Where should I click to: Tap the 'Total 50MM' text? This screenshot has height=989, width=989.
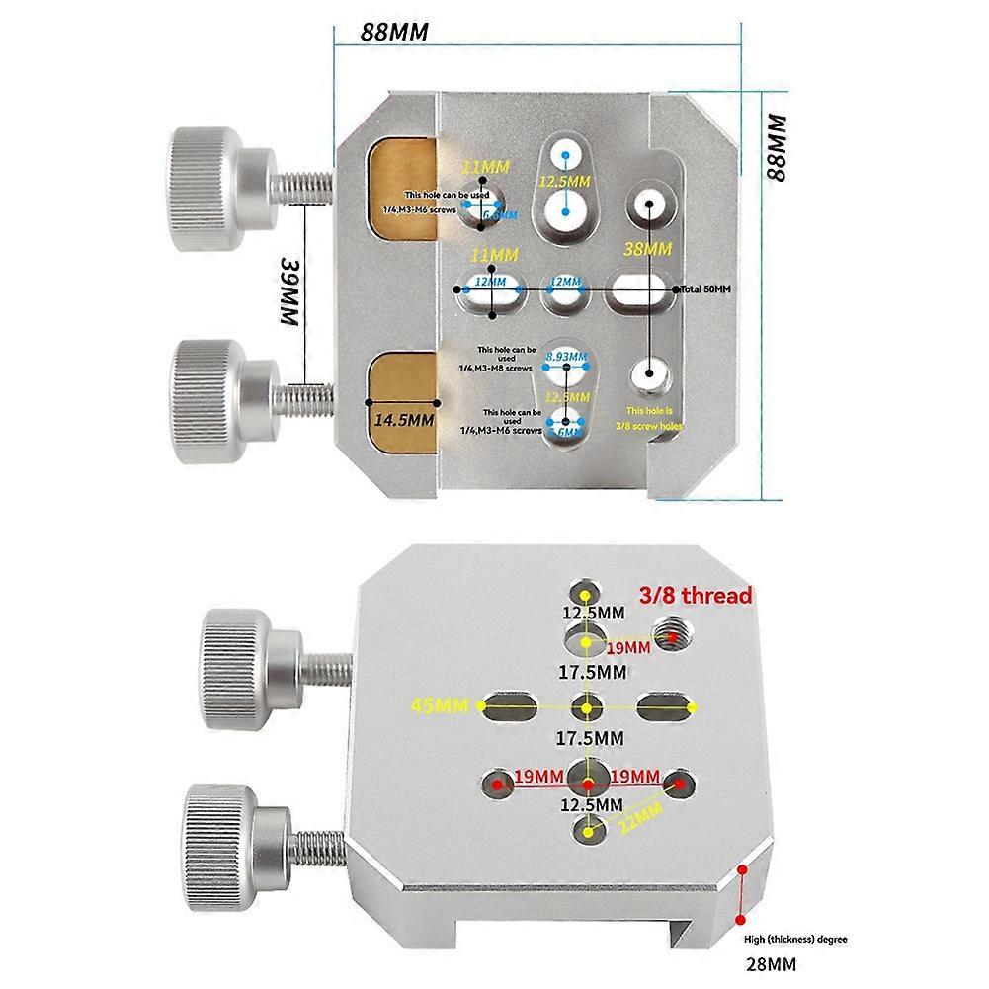(706, 289)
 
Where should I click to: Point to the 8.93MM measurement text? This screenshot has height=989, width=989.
(564, 356)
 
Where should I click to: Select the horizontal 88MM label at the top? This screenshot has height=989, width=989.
(394, 31)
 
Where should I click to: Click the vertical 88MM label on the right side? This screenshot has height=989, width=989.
(778, 145)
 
